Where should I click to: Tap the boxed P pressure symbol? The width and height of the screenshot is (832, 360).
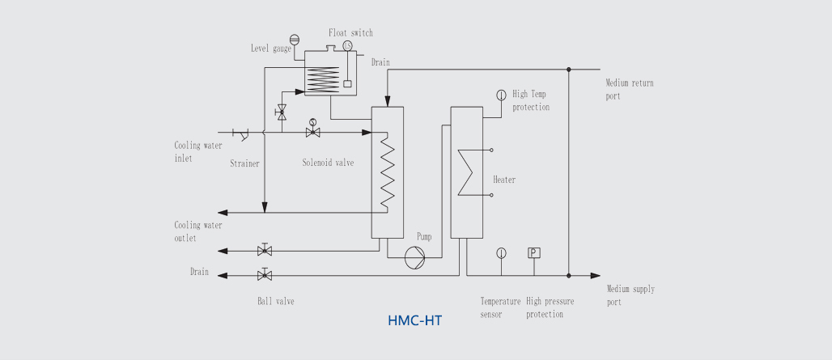[533, 252]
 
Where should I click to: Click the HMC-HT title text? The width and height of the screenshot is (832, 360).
[415, 321]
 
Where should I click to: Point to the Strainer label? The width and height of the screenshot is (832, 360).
[244, 163]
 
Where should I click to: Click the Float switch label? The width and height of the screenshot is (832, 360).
[350, 33]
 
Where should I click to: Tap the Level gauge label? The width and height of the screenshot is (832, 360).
[271, 49]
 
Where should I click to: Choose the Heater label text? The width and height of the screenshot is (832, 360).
[504, 180]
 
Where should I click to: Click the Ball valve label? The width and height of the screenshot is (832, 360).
[275, 301]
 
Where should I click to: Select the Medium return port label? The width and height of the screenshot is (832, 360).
[630, 89]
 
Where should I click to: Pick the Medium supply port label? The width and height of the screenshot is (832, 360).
[630, 295]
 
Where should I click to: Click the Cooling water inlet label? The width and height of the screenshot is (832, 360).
[198, 152]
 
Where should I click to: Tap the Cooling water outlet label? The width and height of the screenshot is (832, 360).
[198, 231]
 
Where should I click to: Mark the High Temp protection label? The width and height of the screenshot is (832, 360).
[531, 100]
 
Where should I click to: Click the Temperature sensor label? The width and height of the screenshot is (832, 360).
[500, 307]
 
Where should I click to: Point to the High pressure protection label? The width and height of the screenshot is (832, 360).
[550, 307]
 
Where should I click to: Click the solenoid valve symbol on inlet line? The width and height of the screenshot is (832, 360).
[312, 129]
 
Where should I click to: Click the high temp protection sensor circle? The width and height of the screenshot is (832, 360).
[501, 95]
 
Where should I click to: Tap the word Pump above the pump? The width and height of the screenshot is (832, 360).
[424, 237]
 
